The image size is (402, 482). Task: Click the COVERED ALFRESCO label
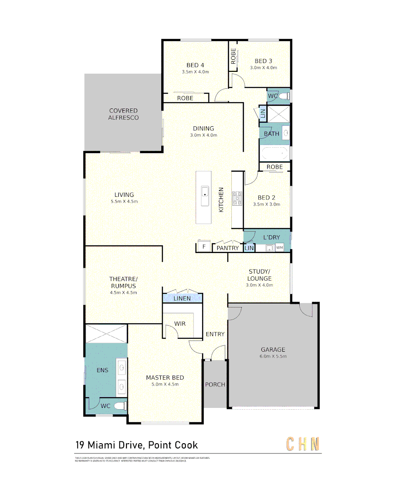[x=123, y=114]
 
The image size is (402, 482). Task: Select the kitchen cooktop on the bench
[x=237, y=199]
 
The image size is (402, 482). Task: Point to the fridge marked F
[x=204, y=247]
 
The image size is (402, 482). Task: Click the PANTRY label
[x=228, y=248]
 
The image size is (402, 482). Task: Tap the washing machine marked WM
[x=280, y=248]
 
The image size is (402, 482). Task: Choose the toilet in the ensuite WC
[x=119, y=406]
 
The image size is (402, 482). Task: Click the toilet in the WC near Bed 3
[x=285, y=96]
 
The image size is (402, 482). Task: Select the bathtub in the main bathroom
[x=274, y=154]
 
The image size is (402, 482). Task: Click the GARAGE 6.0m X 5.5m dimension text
[x=273, y=357]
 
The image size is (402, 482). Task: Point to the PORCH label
[x=215, y=384]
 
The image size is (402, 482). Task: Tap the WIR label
[x=180, y=324]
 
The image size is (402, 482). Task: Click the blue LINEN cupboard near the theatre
[x=182, y=298]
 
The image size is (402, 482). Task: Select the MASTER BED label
[x=165, y=378]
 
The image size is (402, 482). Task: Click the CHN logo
[x=303, y=444]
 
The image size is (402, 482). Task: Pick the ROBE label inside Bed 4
[x=185, y=98]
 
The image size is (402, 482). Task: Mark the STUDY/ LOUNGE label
[x=259, y=275]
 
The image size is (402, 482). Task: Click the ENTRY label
[x=215, y=334]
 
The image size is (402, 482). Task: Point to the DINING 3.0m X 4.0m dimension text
[x=203, y=135]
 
